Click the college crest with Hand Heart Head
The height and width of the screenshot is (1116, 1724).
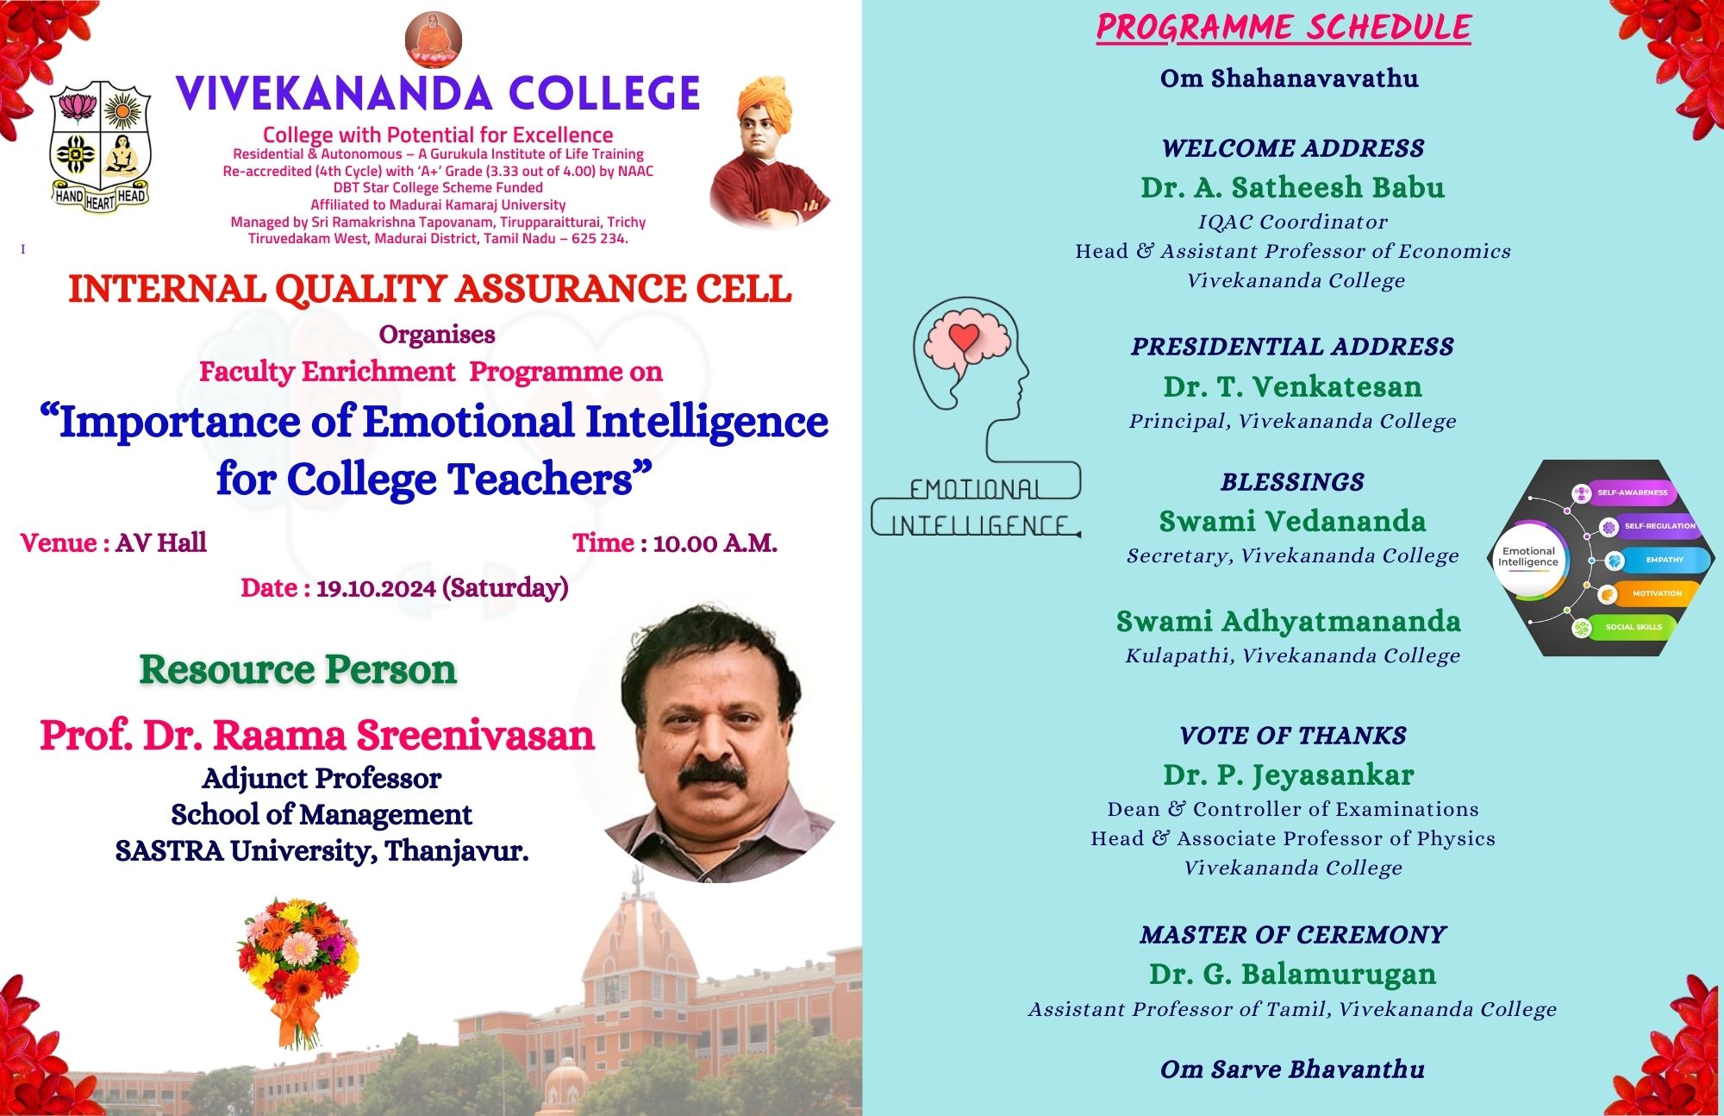(101, 147)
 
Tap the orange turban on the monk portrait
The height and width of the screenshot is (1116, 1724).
(766, 103)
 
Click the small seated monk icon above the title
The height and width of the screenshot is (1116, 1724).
(434, 40)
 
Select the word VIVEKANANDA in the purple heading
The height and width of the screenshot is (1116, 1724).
(334, 94)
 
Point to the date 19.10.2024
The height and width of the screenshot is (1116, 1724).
(376, 588)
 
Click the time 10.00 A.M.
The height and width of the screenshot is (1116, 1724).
(715, 543)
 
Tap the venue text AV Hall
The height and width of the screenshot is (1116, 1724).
(161, 542)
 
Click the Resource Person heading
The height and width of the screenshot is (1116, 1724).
(298, 669)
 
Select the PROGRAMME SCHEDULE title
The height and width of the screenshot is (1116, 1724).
(1284, 27)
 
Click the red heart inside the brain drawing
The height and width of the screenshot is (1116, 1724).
(965, 336)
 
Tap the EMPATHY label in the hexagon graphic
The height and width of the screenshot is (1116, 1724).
(1665, 560)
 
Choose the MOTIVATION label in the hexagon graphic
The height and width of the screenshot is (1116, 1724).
(1657, 593)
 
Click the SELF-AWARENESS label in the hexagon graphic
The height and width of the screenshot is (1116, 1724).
(1632, 492)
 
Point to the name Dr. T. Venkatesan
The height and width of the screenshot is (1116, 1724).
(1292, 386)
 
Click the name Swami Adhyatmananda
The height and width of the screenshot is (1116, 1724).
(1289, 621)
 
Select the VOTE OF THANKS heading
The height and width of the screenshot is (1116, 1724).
(1293, 736)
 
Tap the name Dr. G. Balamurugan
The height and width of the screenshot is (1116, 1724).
(1292, 974)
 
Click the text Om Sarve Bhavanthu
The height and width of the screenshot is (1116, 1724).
(1292, 1069)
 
